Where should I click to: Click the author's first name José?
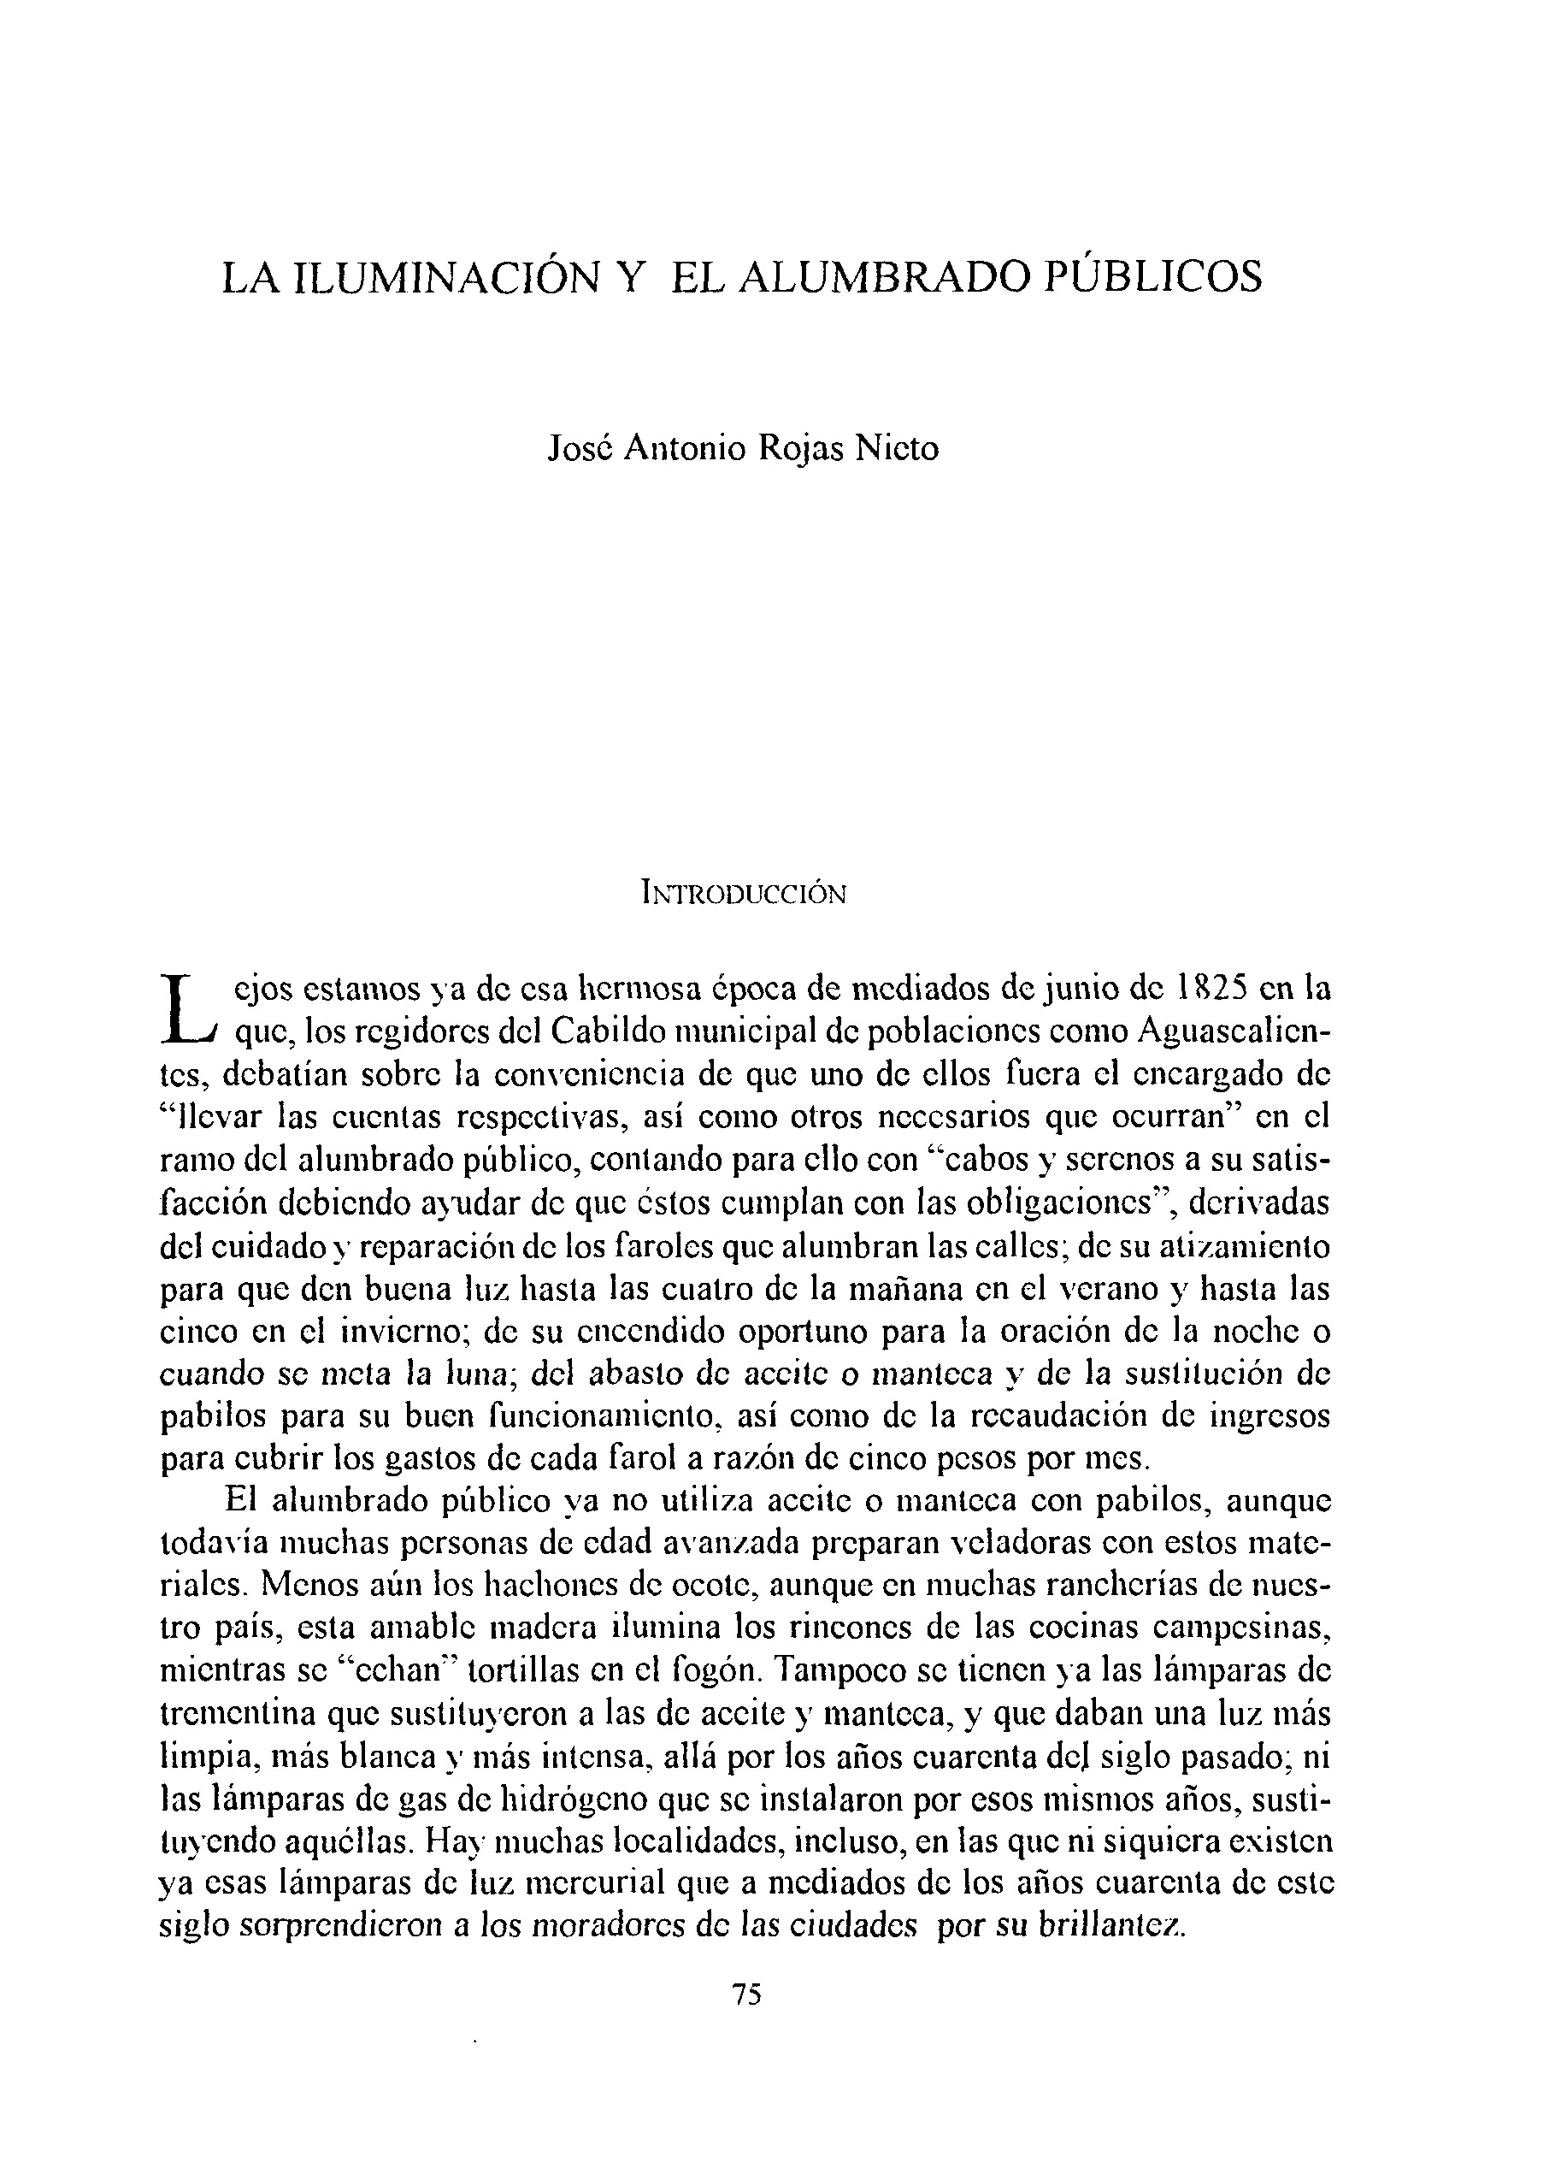pos(580,448)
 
